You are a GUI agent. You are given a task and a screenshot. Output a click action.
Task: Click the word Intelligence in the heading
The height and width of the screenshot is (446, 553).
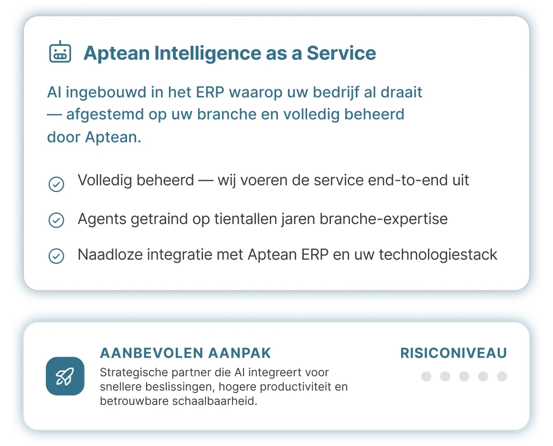[208, 53]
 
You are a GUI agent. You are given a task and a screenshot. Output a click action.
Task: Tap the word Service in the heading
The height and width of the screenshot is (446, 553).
[341, 53]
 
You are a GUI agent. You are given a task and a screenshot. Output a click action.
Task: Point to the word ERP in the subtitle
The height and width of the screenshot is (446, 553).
[210, 92]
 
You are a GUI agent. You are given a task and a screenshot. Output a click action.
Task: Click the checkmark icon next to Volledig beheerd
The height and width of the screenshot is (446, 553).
[56, 184]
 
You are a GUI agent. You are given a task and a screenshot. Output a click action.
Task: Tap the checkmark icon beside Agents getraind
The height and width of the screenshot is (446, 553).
[56, 220]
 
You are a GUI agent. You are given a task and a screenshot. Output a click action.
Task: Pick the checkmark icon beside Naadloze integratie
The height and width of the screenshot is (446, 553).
[56, 256]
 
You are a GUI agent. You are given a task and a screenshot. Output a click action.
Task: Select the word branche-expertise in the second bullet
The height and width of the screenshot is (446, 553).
[383, 219]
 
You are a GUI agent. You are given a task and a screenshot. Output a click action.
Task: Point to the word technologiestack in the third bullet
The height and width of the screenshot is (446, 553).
[438, 255]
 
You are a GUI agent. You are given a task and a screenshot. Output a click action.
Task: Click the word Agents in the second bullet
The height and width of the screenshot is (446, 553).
[102, 219]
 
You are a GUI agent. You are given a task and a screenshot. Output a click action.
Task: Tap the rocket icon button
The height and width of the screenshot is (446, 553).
[65, 376]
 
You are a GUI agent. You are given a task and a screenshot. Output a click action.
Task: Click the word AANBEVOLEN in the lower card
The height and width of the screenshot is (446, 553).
[152, 353]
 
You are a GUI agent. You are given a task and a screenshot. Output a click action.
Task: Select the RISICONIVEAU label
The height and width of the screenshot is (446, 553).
[454, 353]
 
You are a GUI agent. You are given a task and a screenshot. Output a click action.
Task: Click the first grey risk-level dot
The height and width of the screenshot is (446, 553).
[426, 377]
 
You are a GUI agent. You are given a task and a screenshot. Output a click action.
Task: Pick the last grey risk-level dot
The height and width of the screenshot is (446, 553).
[502, 377]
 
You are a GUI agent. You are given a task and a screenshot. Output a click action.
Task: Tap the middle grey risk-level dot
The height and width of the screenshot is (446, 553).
[464, 377]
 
